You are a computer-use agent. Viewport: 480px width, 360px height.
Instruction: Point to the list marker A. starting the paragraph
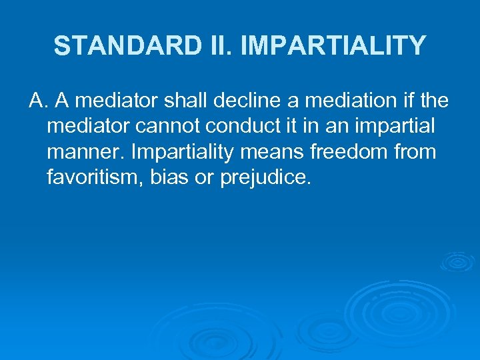[x=38, y=101]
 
